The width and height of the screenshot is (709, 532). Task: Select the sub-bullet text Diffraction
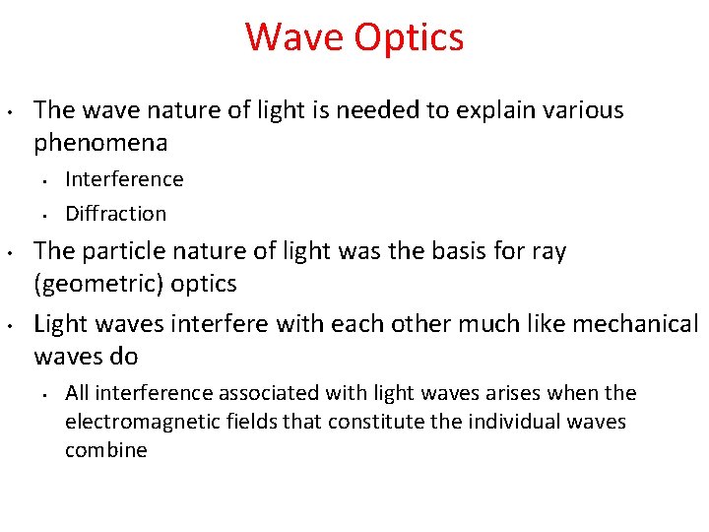(115, 213)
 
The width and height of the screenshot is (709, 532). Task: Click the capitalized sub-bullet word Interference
(124, 179)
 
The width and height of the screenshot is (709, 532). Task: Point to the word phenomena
(100, 143)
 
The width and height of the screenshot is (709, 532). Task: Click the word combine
(105, 450)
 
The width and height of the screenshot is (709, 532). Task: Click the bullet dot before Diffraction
(44, 214)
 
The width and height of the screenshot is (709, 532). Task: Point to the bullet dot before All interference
(44, 394)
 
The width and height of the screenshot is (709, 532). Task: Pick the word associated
(263, 393)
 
